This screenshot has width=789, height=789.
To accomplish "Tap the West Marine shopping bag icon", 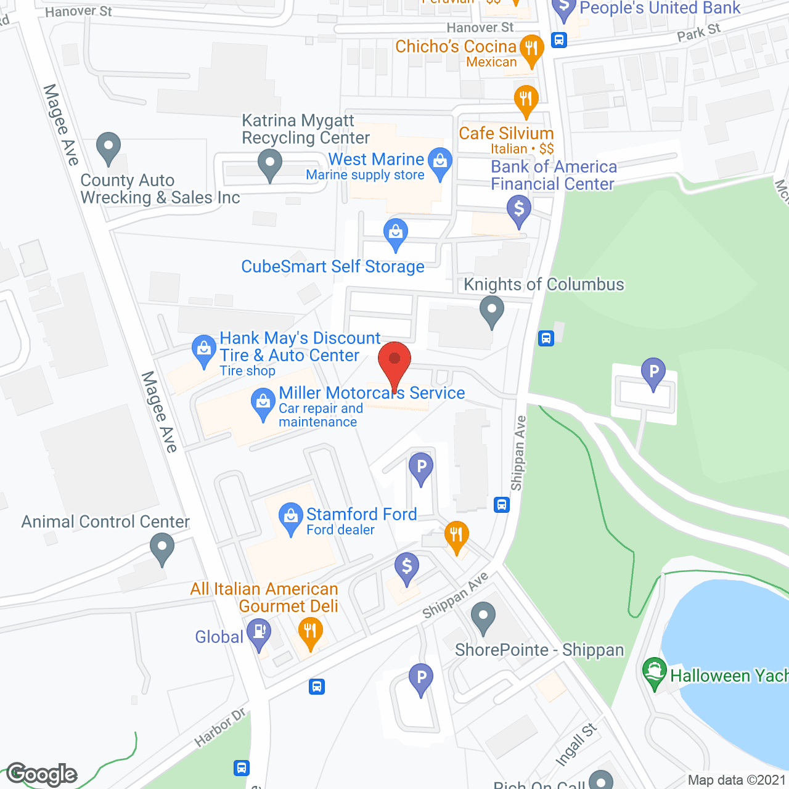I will (440, 163).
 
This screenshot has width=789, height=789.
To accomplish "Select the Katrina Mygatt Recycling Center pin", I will (269, 165).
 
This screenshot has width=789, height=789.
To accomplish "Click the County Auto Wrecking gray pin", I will (108, 148).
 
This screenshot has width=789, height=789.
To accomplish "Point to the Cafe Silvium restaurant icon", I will (526, 100).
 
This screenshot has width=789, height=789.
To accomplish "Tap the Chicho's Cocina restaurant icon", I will (531, 49).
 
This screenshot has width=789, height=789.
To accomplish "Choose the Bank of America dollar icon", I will (519, 210).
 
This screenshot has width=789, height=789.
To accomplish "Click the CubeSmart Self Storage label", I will (333, 266).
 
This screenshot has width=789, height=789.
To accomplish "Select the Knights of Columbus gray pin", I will (491, 311).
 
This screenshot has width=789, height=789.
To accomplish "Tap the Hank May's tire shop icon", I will (203, 350).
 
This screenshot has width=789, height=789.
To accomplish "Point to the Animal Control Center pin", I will (162, 549).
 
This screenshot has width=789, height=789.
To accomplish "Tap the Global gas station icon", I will (259, 634).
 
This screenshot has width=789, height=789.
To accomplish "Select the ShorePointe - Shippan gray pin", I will (483, 616).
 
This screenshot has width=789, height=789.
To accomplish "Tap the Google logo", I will (42, 774).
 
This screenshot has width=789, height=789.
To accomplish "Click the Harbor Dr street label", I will (220, 728).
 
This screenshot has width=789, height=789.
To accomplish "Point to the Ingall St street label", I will (576, 745).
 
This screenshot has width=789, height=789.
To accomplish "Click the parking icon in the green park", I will (653, 373).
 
